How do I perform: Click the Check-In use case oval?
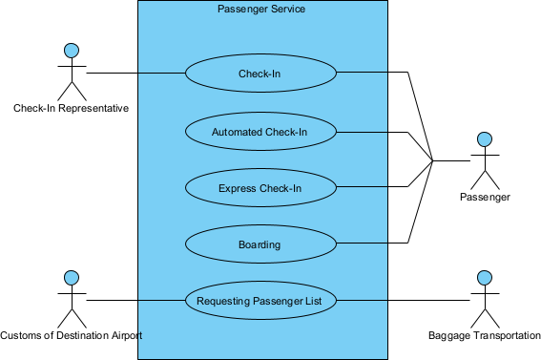(x=260, y=73)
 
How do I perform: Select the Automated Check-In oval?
(x=260, y=131)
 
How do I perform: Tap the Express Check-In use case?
(x=260, y=188)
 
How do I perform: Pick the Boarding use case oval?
(x=260, y=244)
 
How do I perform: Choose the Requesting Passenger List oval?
(x=260, y=301)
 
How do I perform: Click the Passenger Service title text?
(x=261, y=9)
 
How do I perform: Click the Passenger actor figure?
(x=485, y=162)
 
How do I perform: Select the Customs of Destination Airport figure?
(x=69, y=300)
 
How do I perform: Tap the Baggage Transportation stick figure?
(x=485, y=300)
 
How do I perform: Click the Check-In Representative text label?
(x=71, y=109)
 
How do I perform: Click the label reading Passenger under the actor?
(x=485, y=198)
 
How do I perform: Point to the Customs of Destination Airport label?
(x=71, y=336)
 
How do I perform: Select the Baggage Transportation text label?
(x=485, y=336)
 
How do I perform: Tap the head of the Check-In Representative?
(x=69, y=51)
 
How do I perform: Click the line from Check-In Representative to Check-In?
(x=134, y=73)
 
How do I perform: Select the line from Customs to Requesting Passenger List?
(x=134, y=301)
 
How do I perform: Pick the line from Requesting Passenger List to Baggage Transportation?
(x=401, y=301)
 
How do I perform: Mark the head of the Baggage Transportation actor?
(x=485, y=278)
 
